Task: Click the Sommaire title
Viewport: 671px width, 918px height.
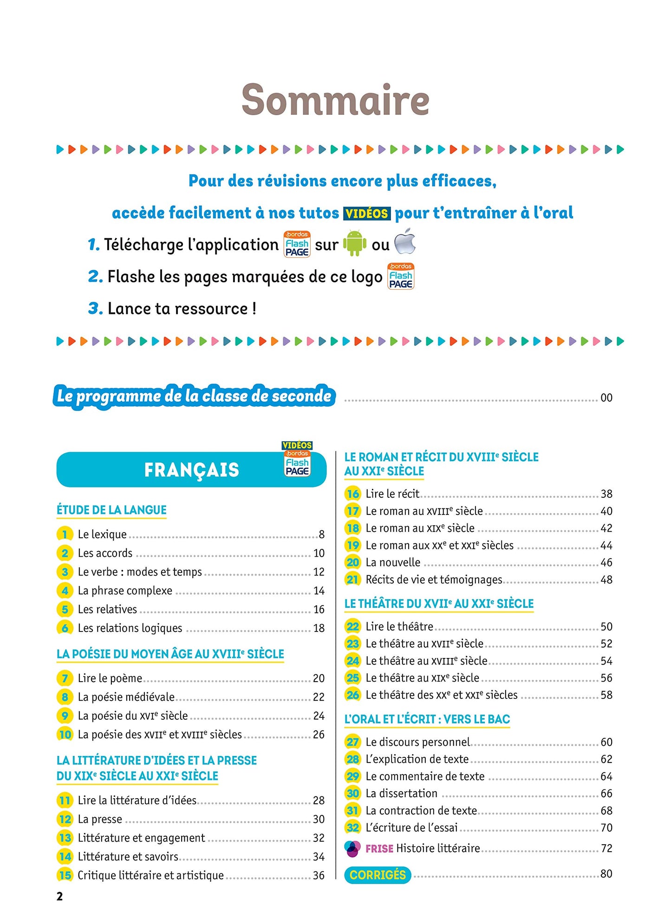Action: click(x=335, y=100)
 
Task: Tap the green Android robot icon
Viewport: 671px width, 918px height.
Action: click(x=354, y=243)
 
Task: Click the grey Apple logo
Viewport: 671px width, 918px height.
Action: click(x=405, y=241)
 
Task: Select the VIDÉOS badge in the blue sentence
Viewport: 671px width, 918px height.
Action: click(x=366, y=214)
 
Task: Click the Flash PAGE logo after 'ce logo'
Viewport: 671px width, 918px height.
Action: click(x=401, y=276)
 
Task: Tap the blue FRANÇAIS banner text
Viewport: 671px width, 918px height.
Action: click(x=191, y=470)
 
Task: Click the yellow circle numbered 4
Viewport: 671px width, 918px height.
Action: click(x=65, y=591)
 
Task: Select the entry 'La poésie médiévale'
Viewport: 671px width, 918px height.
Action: click(x=126, y=697)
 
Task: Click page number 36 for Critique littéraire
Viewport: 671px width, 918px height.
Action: click(x=319, y=875)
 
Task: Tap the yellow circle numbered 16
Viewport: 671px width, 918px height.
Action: click(x=353, y=494)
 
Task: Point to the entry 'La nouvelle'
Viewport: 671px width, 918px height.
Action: click(x=393, y=563)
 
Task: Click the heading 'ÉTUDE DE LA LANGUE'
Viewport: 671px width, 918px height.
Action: click(x=111, y=510)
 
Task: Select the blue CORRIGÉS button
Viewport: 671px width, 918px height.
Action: click(x=378, y=875)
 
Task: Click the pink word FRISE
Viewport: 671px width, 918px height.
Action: click(x=379, y=849)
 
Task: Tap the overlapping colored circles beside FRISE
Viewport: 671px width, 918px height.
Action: click(x=352, y=848)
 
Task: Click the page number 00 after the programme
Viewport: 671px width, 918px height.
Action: click(x=606, y=398)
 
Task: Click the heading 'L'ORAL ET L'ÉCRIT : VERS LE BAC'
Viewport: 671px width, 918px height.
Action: click(x=427, y=719)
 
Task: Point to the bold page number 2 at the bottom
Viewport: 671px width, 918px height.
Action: click(x=59, y=897)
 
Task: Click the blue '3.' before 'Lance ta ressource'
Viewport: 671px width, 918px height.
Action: click(x=95, y=308)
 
